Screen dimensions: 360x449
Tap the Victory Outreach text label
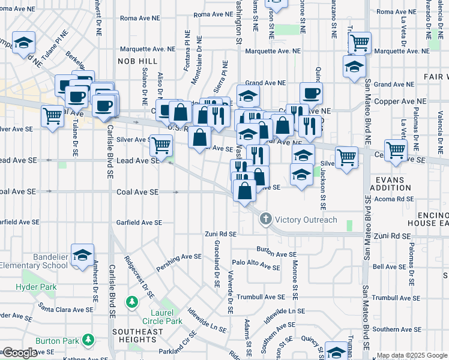pyautogui.click(x=305, y=220)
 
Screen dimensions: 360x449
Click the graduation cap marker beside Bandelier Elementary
pyautogui.click(x=83, y=256)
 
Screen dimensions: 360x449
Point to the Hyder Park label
pyautogui.click(x=36, y=287)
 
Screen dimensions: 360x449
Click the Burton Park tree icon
pyautogui.click(x=89, y=341)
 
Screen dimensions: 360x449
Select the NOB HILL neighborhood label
pyautogui.click(x=141, y=62)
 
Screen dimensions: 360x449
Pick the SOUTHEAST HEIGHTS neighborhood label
pyautogui.click(x=137, y=335)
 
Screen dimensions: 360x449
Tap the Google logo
pyautogui.click(x=19, y=353)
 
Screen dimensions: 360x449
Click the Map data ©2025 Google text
pyautogui.click(x=412, y=355)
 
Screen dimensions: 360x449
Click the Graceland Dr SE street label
pyautogui.click(x=216, y=263)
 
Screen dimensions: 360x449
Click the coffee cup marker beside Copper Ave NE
pyautogui.click(x=311, y=93)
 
